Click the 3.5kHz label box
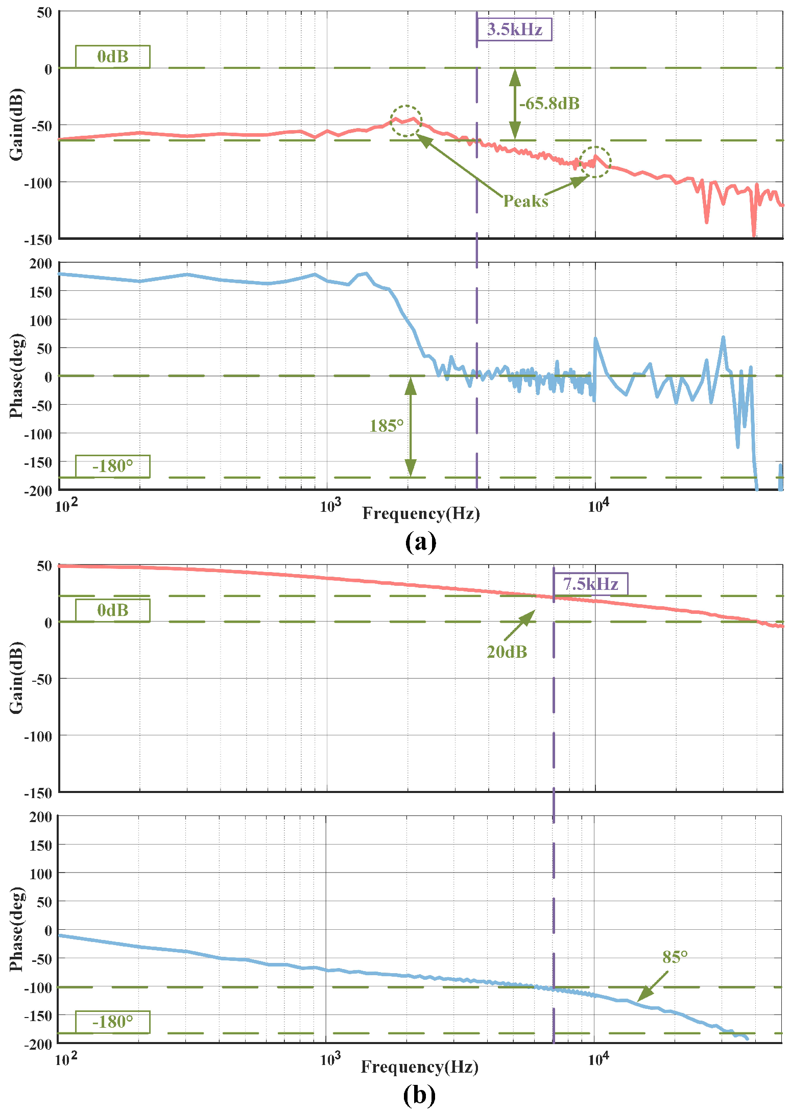click(514, 29)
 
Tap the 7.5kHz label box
click(591, 583)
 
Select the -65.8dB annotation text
click(549, 104)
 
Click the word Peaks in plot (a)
click(525, 201)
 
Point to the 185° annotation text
click(387, 426)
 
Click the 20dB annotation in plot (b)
click(507, 652)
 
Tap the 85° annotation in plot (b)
click(675, 957)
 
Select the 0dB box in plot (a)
click(113, 57)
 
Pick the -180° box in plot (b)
click(113, 1022)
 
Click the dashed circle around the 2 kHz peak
click(406, 121)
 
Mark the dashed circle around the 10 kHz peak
click(595, 162)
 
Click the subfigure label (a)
click(420, 542)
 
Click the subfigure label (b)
click(419, 1095)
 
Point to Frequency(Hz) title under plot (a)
click(421, 513)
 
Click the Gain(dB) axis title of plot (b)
click(16, 678)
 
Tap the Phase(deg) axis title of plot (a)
click(16, 376)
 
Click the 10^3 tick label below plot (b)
click(330, 1059)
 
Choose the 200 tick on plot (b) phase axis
click(40, 817)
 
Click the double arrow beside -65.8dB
click(515, 104)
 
